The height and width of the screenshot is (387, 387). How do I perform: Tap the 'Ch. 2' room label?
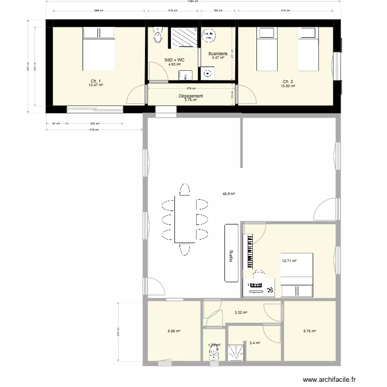point(287,82)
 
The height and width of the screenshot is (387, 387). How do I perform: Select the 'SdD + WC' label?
point(174,60)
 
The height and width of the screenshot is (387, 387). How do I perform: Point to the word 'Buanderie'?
point(217,54)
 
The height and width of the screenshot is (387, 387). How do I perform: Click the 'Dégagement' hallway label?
point(190,96)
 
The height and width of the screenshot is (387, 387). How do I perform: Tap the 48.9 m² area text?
point(229,194)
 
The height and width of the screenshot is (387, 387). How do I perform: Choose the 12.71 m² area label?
point(289,261)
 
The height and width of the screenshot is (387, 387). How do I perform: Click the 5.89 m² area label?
point(174,331)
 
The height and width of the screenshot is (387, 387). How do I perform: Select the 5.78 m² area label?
point(310,331)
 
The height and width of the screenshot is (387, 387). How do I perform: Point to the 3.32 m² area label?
point(240,312)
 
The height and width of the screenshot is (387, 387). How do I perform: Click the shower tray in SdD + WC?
point(183,37)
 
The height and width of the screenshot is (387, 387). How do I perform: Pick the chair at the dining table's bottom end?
point(185,250)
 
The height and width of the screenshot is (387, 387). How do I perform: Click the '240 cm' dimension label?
point(94,123)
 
